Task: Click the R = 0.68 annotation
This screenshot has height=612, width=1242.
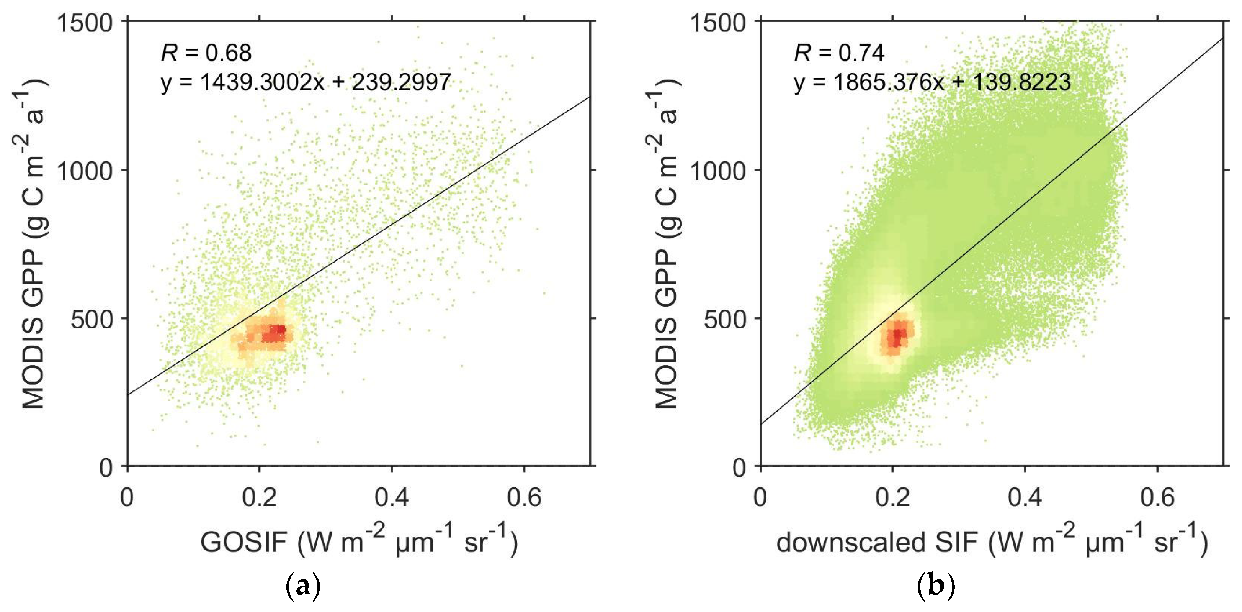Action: tap(206, 52)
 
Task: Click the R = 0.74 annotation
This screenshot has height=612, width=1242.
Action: tap(839, 52)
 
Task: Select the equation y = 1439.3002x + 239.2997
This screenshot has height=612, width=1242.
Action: tap(306, 82)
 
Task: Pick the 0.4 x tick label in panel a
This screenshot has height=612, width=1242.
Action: tap(392, 497)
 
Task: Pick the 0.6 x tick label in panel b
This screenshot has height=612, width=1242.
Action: tap(1157, 497)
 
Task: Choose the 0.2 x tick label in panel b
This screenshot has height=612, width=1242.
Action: tap(892, 497)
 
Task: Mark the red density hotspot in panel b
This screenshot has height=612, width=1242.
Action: tap(897, 335)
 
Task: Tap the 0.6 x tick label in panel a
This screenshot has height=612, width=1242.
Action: tap(524, 497)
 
